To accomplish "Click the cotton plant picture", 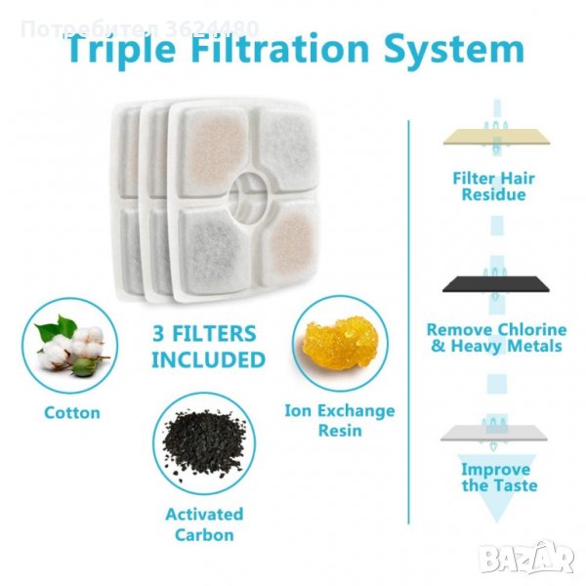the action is [70, 346].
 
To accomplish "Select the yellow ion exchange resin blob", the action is [340, 343].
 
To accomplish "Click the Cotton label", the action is [72, 413].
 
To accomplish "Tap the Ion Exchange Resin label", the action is [340, 420].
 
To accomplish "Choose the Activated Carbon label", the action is [204, 524].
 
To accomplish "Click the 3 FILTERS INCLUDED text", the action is [208, 347].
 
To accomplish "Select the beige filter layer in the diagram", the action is [496, 137].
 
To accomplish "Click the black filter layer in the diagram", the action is [496, 284].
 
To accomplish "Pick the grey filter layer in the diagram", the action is [493, 433].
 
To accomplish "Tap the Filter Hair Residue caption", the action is [493, 187].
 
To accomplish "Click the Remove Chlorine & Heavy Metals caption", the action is [497, 338].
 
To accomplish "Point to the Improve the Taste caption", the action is [499, 478].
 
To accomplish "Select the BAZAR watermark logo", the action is [527, 558].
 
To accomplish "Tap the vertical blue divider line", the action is [409, 322].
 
